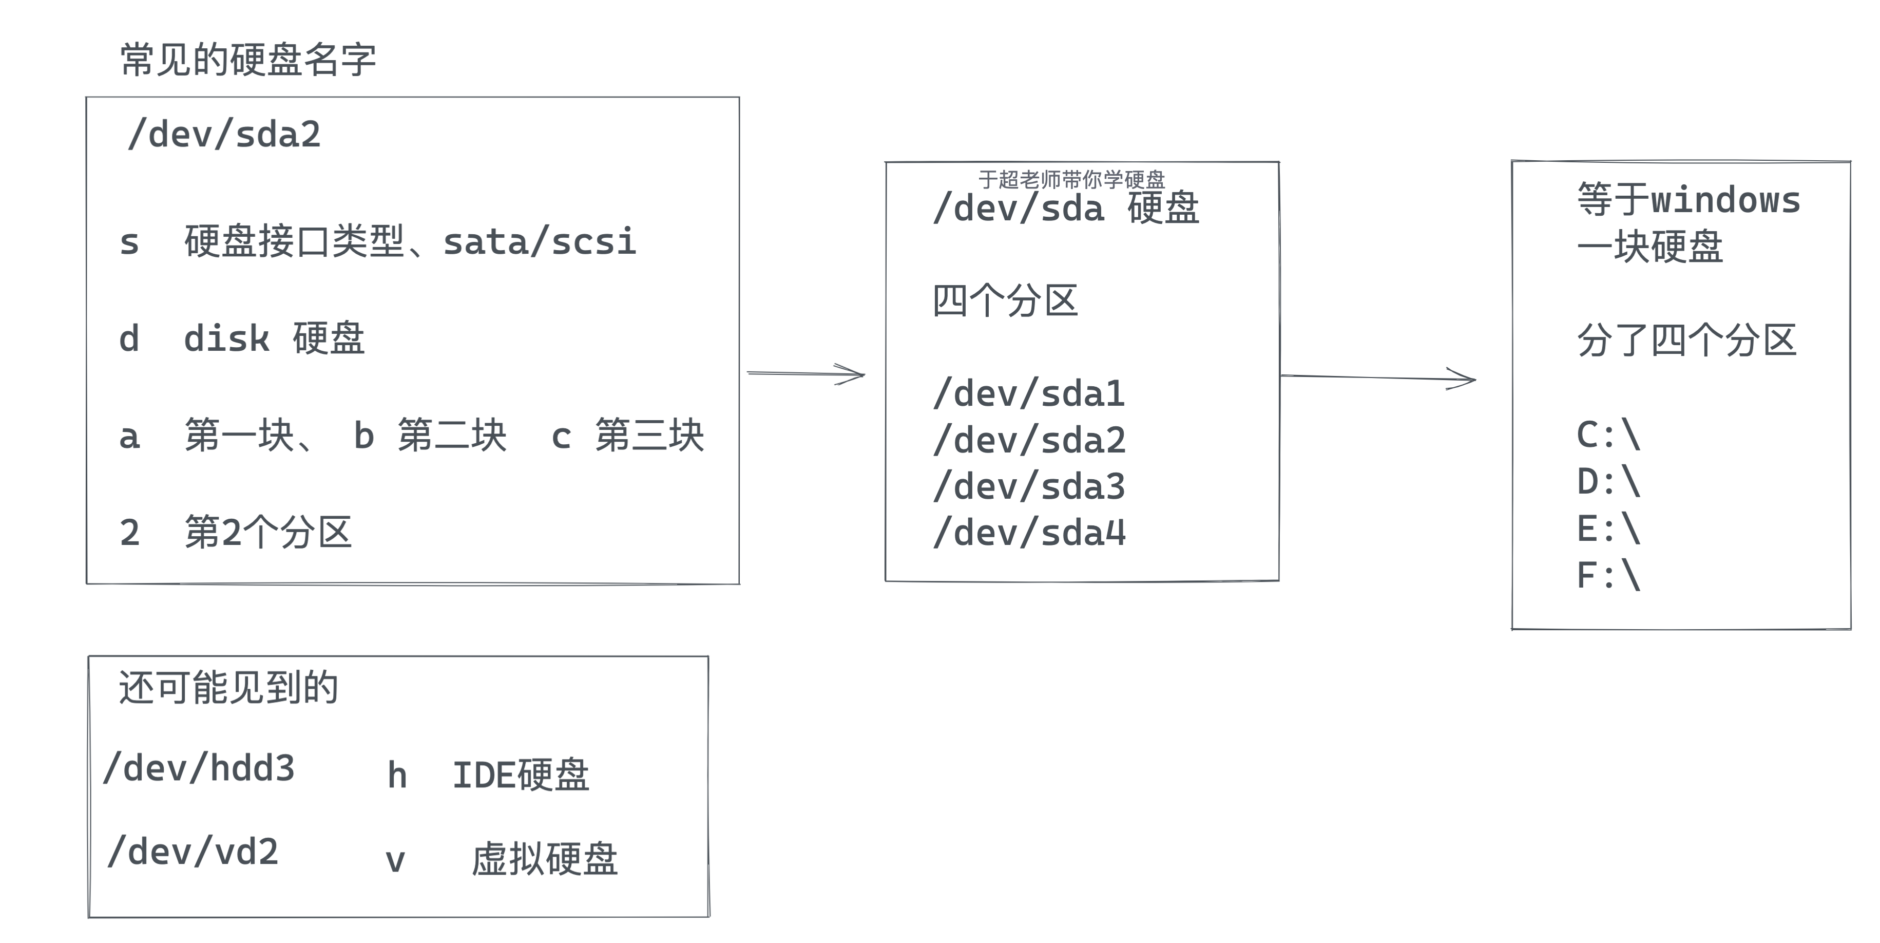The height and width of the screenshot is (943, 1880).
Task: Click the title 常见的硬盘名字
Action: [248, 60]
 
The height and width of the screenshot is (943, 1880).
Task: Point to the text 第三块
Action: [649, 436]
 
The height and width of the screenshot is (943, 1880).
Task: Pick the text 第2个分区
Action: [268, 532]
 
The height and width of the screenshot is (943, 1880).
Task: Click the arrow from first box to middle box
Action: [805, 374]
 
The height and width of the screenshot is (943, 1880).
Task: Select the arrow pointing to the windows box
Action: [1378, 378]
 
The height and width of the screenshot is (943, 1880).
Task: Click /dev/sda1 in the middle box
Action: [1029, 394]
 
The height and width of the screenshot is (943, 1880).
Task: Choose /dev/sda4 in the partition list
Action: [1029, 533]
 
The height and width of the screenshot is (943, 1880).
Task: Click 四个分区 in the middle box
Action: [1005, 300]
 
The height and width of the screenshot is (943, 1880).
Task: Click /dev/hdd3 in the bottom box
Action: [199, 768]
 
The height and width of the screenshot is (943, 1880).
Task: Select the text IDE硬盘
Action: [521, 775]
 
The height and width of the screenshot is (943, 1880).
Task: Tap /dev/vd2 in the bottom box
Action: [193, 852]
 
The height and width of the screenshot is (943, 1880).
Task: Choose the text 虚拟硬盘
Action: [545, 859]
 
